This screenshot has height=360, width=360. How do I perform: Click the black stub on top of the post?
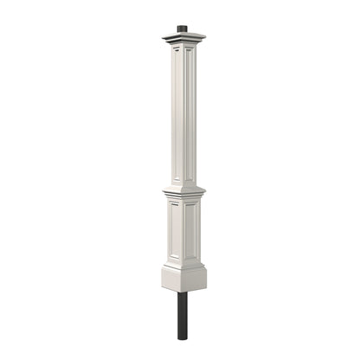[183, 29]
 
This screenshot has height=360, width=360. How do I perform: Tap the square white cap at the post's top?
[183, 37]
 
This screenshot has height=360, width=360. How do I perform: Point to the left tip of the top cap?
[162, 36]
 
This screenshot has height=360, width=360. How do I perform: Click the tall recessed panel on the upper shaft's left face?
[177, 112]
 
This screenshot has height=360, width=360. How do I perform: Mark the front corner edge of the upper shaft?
[184, 112]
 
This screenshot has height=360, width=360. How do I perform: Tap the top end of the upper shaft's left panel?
[177, 50]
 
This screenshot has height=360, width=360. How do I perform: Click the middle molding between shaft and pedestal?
[183, 191]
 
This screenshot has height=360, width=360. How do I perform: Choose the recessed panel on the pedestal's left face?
[176, 231]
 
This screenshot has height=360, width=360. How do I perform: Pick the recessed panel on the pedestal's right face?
[193, 231]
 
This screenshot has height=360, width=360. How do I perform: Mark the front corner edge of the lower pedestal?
[184, 231]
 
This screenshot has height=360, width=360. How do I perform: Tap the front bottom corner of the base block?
[184, 292]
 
